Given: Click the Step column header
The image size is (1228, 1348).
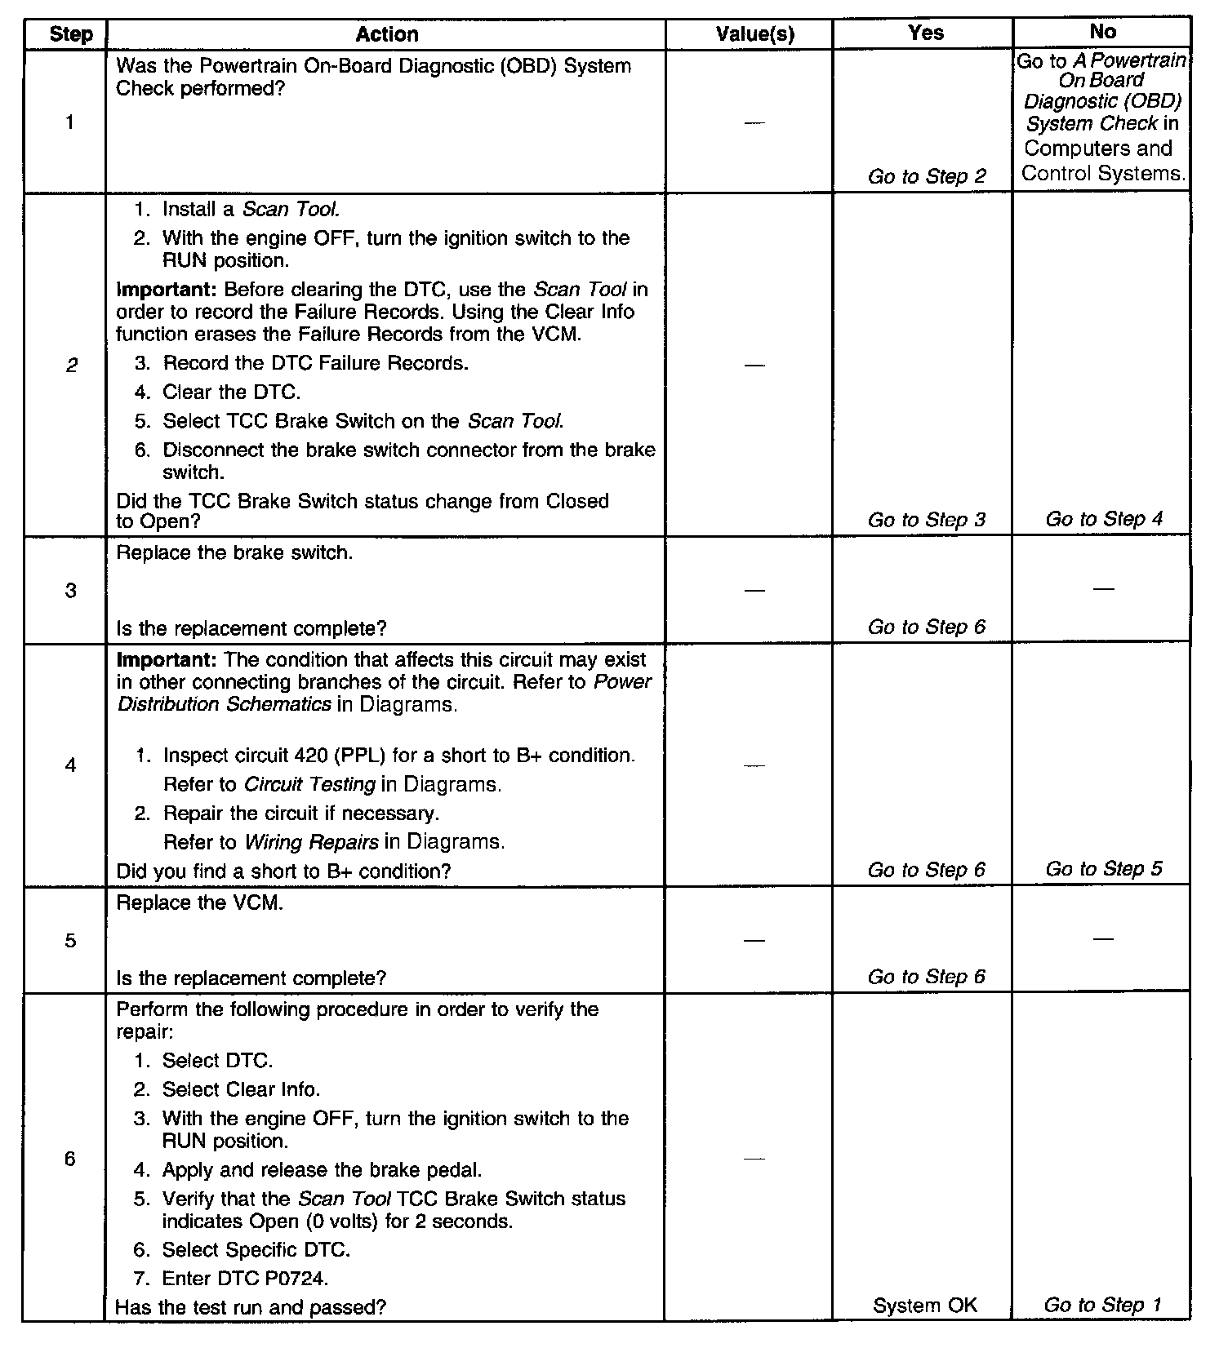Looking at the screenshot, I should [70, 34].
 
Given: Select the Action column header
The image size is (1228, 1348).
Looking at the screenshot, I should [387, 34].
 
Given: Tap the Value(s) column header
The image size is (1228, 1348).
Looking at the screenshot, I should [754, 34].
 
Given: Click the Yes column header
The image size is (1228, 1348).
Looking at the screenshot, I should [925, 33].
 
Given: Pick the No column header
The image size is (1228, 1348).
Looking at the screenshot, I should [1102, 32].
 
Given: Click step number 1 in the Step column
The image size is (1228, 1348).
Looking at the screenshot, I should [70, 122].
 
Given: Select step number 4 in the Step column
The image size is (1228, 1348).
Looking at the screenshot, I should [70, 765].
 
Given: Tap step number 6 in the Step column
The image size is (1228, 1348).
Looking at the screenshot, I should [70, 1159].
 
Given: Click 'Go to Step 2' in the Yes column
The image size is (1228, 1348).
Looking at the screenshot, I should [927, 176].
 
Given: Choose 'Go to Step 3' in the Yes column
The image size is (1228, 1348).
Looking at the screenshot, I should [927, 520].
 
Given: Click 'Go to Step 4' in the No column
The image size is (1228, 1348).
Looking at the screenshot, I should [1104, 519].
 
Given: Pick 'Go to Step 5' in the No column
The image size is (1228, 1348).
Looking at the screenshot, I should [1104, 869].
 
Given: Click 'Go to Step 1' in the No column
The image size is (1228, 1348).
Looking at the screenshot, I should [1102, 1306].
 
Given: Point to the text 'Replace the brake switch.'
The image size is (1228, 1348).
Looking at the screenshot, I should [235, 552].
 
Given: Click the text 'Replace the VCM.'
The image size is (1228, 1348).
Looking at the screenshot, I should [200, 903].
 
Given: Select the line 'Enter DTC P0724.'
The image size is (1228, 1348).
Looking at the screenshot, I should [245, 1278].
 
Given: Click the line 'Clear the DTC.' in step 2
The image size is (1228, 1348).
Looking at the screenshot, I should [231, 392].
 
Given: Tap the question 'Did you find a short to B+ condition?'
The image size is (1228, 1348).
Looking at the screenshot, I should [283, 871].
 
